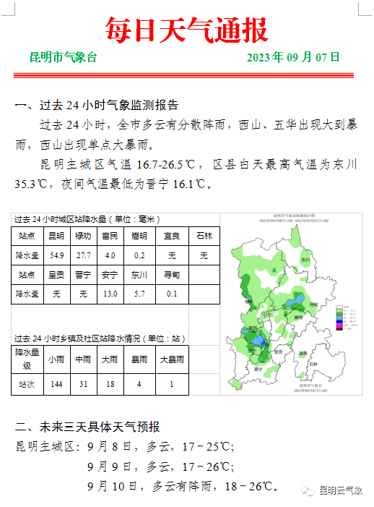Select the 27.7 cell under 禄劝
tap(83, 255)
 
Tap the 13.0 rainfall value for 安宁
tap(110, 294)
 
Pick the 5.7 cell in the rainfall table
tap(139, 294)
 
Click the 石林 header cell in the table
tap(204, 236)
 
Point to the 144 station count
tap(56, 383)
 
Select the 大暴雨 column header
tap(171, 359)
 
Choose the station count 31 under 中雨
tap(83, 383)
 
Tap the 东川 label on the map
tap(305, 259)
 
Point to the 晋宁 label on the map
tap(258, 368)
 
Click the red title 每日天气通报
tap(186, 30)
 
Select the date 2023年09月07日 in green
tap(293, 57)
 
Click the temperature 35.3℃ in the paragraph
tap(32, 184)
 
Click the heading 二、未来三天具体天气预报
tap(87, 427)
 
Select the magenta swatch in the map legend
tap(336, 327)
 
